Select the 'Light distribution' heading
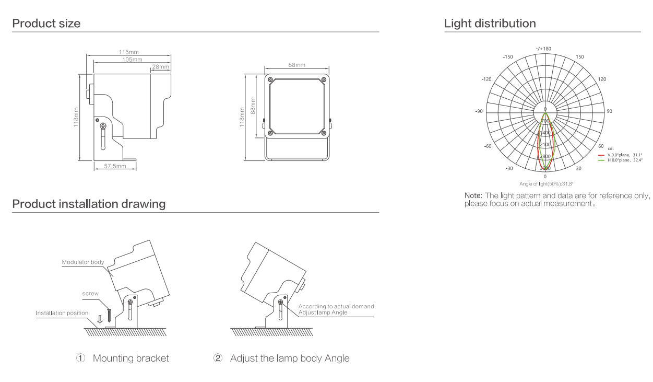pyautogui.click(x=490, y=24)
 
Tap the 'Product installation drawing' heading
pyautogui.click(x=89, y=204)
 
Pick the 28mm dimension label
pyautogui.click(x=161, y=67)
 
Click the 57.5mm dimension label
pyautogui.click(x=115, y=166)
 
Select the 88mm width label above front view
pyautogui.click(x=296, y=65)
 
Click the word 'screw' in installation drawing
pyautogui.click(x=91, y=294)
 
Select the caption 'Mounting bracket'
pyautogui.click(x=130, y=359)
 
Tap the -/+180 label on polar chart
pyautogui.click(x=543, y=49)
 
